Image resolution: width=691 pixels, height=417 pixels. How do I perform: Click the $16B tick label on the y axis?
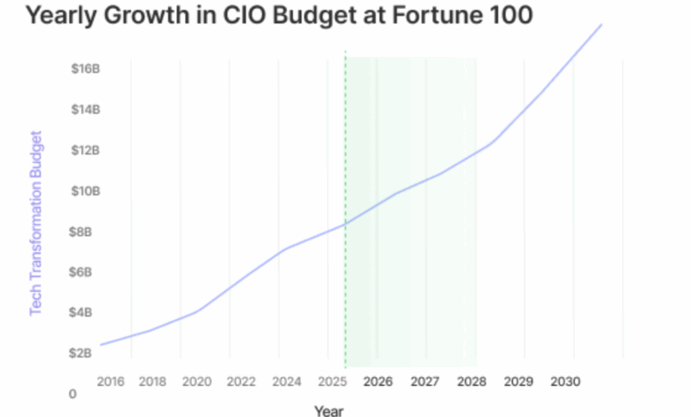(x=84, y=68)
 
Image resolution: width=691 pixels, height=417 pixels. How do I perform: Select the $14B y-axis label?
(x=84, y=109)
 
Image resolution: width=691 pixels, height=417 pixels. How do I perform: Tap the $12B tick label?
(x=84, y=150)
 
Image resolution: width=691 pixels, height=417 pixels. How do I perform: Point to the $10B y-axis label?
(x=84, y=191)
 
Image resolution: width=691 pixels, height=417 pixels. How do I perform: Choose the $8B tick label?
(x=84, y=232)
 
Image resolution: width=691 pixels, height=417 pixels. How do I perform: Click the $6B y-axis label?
(x=84, y=271)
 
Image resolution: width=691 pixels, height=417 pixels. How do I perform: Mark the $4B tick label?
(x=84, y=312)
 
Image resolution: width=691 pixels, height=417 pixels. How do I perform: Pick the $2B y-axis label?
(x=84, y=353)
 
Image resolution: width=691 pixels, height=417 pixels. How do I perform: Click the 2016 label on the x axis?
(x=110, y=382)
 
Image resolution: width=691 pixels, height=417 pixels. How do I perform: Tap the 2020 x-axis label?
(x=196, y=382)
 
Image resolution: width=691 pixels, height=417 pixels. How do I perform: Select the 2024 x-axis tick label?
(x=286, y=382)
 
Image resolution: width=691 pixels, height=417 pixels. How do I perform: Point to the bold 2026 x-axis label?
(x=378, y=382)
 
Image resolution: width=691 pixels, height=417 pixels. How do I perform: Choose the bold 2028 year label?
(x=471, y=382)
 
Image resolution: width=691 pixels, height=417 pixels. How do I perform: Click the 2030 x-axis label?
(x=564, y=382)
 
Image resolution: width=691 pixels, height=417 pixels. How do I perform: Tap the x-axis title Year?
(x=328, y=410)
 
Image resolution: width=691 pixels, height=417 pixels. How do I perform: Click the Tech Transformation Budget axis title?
(x=36, y=223)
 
